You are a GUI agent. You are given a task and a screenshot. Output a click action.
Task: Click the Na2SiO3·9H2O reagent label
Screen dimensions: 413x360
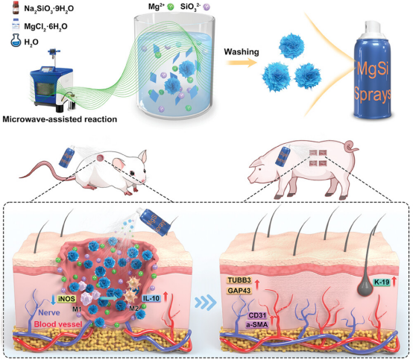tap(48, 9)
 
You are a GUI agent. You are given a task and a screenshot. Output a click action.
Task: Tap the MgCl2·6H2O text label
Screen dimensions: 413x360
tap(45, 27)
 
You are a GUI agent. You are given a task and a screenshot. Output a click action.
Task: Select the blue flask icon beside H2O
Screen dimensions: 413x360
tap(16, 40)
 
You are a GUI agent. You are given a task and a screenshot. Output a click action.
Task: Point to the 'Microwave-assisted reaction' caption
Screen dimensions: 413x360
tap(60, 119)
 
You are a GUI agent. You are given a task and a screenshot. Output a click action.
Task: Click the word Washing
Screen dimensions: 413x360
tap(242, 52)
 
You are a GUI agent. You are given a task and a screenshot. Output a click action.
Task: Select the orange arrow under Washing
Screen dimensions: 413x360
tap(242, 63)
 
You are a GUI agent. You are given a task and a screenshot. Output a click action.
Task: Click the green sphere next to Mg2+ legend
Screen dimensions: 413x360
tap(171, 7)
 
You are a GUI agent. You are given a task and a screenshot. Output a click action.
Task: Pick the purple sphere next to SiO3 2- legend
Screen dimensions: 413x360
tap(206, 7)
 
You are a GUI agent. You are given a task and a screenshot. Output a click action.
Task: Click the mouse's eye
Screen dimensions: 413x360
tap(132, 173)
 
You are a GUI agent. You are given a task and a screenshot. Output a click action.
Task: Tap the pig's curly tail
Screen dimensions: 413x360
tap(351, 147)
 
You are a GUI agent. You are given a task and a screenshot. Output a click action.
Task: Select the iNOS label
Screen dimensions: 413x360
tap(66, 299)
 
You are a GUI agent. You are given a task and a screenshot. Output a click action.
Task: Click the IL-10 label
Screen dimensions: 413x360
tap(151, 298)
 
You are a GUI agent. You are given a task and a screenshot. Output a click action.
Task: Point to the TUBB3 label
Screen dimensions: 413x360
tap(239, 280)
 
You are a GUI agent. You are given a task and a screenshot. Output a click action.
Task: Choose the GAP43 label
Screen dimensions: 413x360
tap(239, 291)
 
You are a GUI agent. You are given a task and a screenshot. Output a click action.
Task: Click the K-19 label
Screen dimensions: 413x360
tap(382, 282)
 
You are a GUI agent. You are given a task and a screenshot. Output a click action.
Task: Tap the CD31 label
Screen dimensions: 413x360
tap(258, 315)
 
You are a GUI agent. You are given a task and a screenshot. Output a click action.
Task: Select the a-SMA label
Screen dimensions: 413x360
tap(257, 325)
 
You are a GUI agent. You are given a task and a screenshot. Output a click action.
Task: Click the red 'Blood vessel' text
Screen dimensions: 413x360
tap(58, 324)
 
